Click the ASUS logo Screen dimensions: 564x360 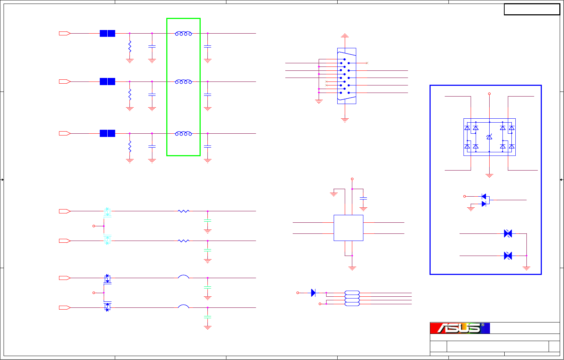point(460,328)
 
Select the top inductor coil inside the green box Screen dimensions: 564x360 point(183,34)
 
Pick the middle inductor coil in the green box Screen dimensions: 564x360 point(183,82)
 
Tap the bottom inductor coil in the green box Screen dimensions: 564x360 point(183,134)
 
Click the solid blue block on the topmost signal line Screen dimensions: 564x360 point(108,34)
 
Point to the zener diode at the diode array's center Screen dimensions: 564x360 point(489,137)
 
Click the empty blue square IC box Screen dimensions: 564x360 point(348,228)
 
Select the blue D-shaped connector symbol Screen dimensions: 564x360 point(347,76)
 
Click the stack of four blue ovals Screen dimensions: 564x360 point(352,298)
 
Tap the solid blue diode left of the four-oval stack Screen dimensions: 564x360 point(313,293)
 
